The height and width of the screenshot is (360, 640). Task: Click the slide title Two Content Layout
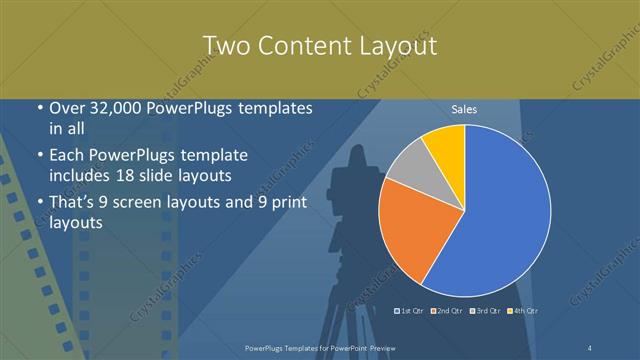[319, 46]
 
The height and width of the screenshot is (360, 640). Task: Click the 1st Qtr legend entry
[409, 311]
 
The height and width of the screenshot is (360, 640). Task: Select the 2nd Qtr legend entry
[446, 311]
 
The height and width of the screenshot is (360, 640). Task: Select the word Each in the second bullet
[68, 156]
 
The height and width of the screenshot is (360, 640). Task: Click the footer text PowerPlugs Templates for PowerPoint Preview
[320, 347]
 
